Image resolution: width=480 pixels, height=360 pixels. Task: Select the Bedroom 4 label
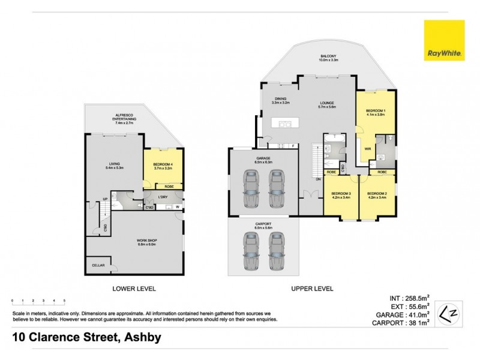click(x=163, y=166)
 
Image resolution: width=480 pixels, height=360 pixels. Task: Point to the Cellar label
click(x=97, y=265)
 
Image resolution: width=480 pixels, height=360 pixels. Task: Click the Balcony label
click(x=328, y=58)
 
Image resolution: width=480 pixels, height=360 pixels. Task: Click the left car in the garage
click(x=251, y=189)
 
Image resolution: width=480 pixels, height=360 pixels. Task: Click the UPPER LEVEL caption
click(x=311, y=289)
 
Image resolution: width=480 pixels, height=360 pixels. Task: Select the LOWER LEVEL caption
click(x=134, y=289)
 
